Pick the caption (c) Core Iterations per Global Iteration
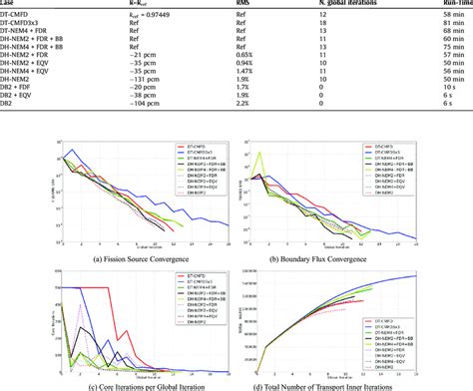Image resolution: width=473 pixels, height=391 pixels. point(119,385)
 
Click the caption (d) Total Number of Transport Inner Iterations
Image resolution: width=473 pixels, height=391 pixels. point(351,385)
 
